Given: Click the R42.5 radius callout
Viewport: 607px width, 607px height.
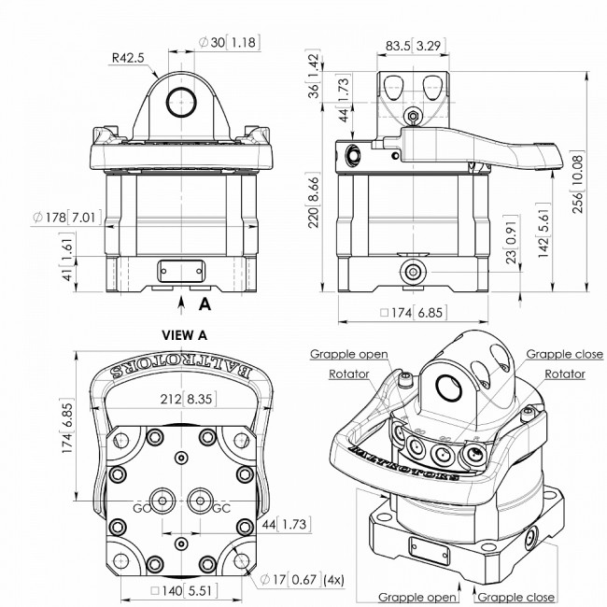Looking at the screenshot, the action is tap(128, 58).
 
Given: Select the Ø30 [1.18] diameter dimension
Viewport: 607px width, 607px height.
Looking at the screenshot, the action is tap(229, 42).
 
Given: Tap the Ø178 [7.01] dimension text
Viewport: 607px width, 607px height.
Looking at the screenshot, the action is tap(68, 218).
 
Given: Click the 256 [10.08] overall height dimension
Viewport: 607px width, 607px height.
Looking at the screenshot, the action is tap(577, 183).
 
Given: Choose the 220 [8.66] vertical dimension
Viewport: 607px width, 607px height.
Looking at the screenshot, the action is tap(314, 202).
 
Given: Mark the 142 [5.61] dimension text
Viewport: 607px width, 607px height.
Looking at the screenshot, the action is tap(543, 230).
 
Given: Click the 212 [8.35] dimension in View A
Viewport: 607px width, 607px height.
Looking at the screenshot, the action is tap(188, 399).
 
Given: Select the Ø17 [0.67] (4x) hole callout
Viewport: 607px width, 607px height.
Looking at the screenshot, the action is tap(302, 580).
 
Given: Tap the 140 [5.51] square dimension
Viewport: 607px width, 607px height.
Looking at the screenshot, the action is tap(184, 591).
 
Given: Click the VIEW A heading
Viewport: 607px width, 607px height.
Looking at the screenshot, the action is tap(184, 335).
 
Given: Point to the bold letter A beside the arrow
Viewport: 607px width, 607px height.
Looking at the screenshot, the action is tap(205, 304).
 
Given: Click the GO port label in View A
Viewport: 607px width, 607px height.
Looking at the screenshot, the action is tap(141, 508).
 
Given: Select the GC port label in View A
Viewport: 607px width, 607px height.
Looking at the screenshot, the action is tap(221, 508).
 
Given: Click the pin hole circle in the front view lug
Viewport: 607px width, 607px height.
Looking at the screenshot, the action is tap(181, 102).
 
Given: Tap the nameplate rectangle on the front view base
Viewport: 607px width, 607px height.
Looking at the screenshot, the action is tap(181, 271).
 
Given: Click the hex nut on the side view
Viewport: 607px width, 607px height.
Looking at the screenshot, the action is tap(413, 116).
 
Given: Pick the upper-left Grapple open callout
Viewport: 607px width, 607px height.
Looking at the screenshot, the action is tap(349, 354).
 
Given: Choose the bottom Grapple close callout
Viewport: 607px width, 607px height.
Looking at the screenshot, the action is tap(515, 598).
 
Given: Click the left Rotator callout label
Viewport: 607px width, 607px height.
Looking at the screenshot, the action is tap(349, 374).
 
